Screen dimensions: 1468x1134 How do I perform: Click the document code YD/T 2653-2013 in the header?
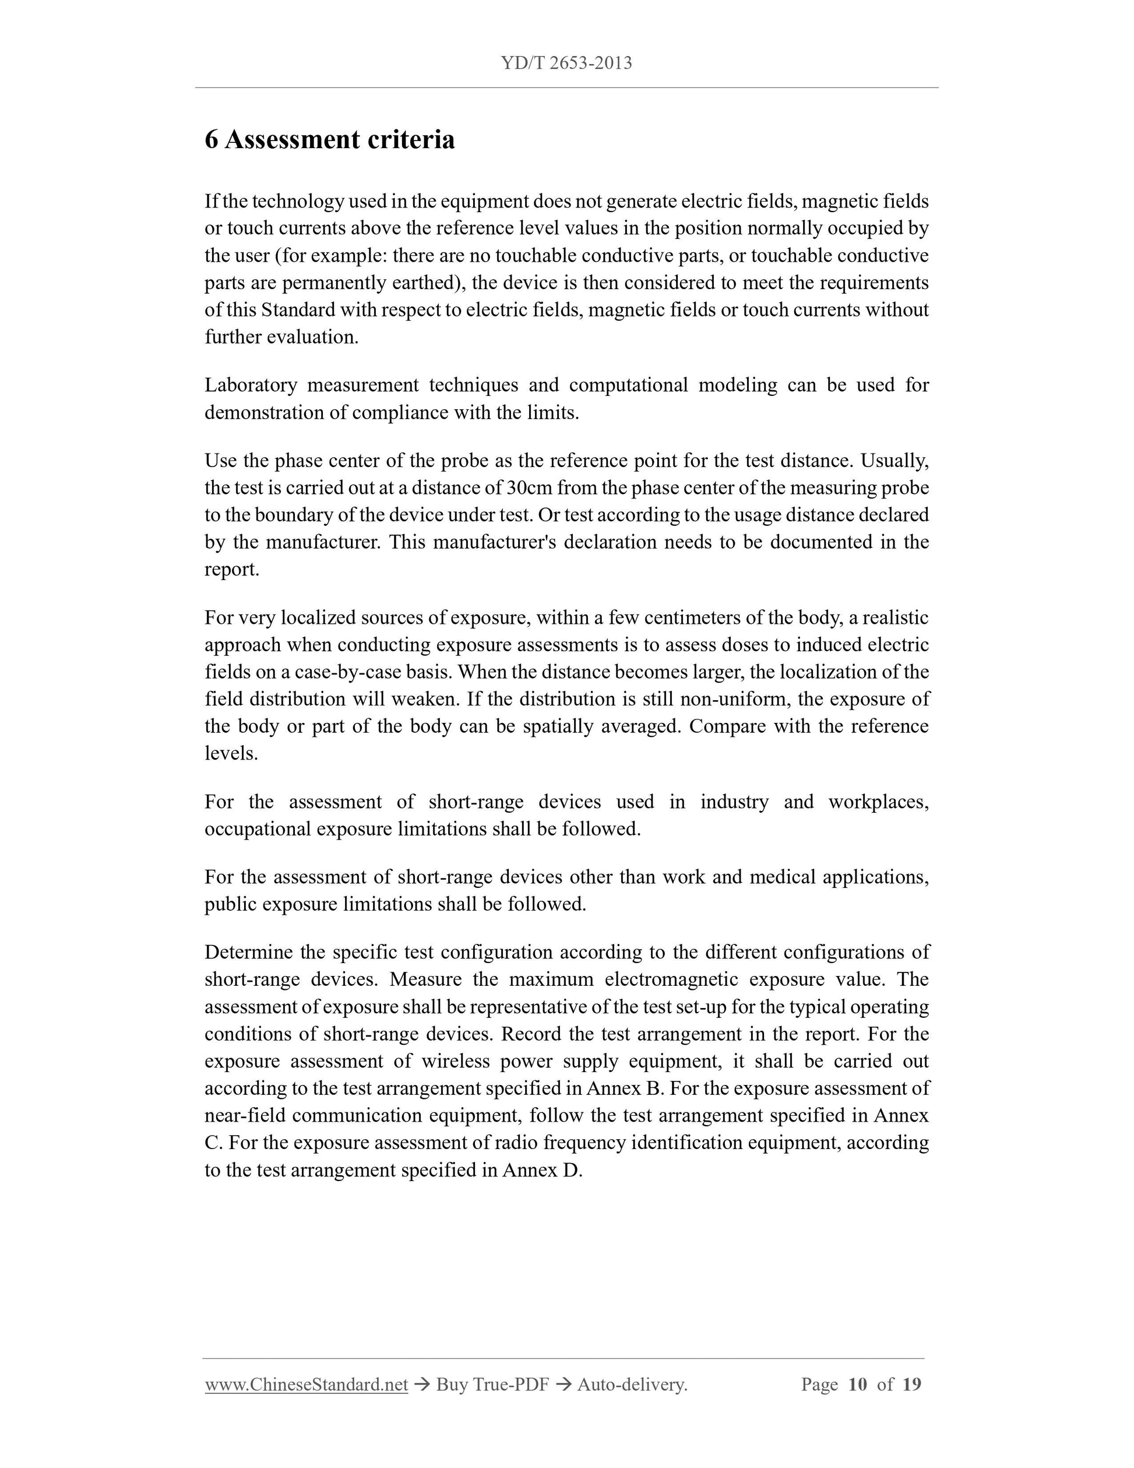[x=566, y=63]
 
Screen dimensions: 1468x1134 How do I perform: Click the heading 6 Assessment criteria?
[x=330, y=140]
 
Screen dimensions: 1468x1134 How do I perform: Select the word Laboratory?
[x=251, y=385]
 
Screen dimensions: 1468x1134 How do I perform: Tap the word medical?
[x=783, y=877]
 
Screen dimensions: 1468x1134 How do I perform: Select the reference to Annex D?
[x=541, y=1170]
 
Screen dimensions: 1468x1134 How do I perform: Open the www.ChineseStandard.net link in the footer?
[x=307, y=1385]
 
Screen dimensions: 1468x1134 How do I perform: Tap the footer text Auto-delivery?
[x=632, y=1385]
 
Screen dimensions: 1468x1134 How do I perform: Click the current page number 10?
[x=857, y=1385]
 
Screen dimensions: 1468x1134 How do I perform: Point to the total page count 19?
[x=911, y=1385]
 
